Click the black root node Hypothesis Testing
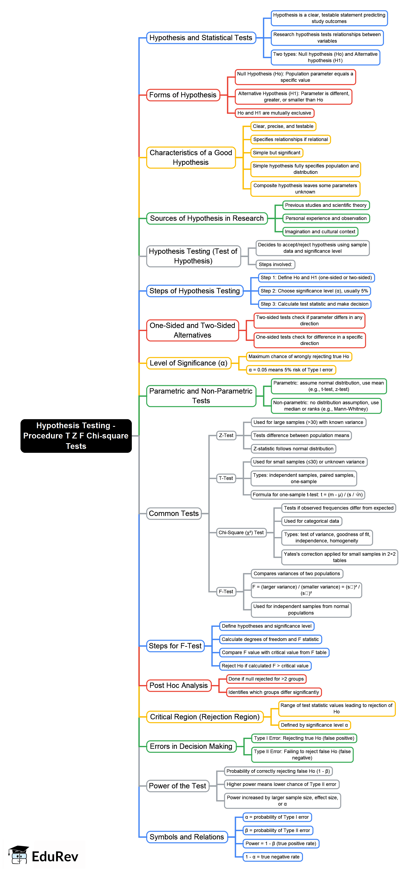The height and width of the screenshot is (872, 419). [x=76, y=436]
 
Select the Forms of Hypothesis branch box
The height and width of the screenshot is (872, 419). [x=183, y=95]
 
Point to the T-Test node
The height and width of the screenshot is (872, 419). [x=226, y=478]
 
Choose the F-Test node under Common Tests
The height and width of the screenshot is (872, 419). [x=226, y=591]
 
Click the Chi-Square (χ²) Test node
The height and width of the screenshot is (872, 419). [x=241, y=533]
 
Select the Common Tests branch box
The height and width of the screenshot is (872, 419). [x=174, y=513]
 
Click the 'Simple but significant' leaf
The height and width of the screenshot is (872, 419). [x=277, y=153]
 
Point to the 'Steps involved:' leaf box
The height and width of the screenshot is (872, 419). [x=275, y=264]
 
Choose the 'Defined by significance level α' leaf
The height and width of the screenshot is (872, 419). [x=314, y=725]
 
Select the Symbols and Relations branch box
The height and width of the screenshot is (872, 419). [x=187, y=837]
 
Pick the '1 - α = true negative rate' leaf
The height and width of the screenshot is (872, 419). [x=272, y=857]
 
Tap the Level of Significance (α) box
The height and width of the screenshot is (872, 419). [x=189, y=363]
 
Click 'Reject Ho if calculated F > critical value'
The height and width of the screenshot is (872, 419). [x=265, y=666]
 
